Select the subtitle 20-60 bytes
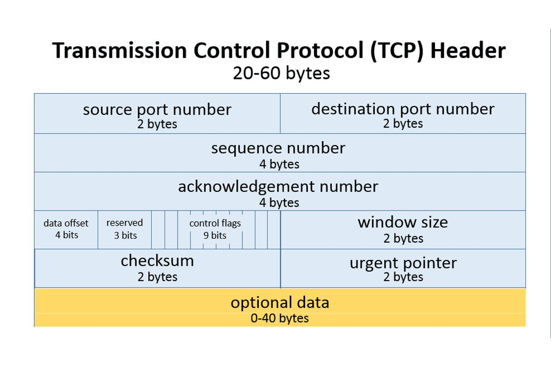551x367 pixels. [281, 73]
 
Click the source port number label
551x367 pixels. [157, 109]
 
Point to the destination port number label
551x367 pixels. [403, 109]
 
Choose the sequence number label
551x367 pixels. [278, 148]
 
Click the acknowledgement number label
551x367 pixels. [278, 186]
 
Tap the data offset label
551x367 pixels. [66, 223]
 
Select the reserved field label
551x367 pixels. [124, 223]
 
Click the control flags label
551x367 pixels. [215, 223]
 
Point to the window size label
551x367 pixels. [403, 222]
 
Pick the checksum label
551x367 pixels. [157, 261]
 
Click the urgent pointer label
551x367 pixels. [403, 263]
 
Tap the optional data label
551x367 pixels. [280, 302]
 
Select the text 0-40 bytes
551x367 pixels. [280, 318]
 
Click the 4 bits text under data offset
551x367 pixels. [66, 235]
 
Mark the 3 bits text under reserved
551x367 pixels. [125, 235]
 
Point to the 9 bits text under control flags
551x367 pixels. [215, 235]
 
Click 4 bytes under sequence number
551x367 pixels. [279, 164]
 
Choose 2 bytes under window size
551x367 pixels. [403, 239]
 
